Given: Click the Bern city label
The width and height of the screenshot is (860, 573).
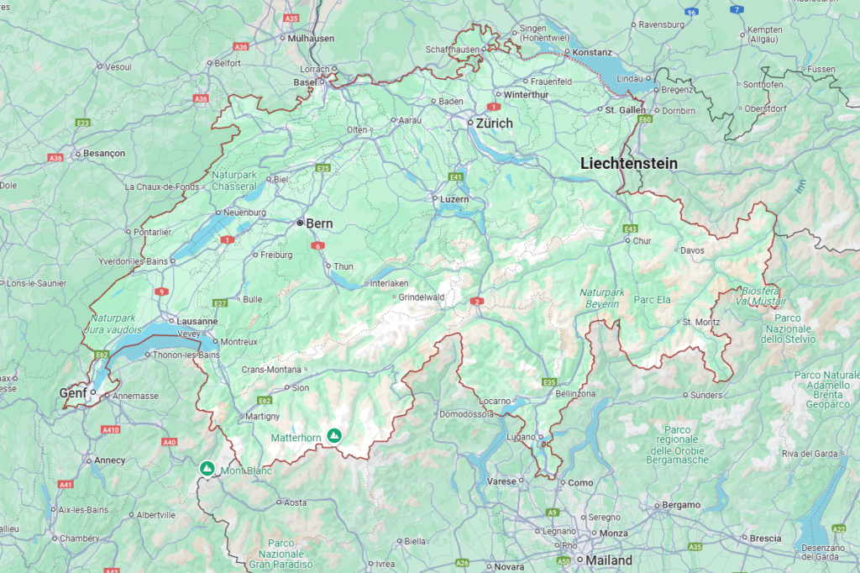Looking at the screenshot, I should click(x=319, y=223).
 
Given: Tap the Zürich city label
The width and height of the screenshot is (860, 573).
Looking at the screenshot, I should click(x=494, y=123).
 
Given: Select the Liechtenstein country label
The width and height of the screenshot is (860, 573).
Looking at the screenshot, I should click(x=629, y=164).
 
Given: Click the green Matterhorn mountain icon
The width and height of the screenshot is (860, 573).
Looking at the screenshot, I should click(x=334, y=435).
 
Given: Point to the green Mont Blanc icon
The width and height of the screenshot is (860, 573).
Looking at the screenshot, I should click(x=207, y=467).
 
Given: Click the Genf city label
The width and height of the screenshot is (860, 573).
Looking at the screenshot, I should click(x=73, y=393).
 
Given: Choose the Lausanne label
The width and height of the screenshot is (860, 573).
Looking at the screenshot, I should click(x=198, y=321).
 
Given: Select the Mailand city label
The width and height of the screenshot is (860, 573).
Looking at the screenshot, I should click(x=610, y=560).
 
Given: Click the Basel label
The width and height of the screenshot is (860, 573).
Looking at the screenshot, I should click(x=304, y=82).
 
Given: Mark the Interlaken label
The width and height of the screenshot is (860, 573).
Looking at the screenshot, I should click(x=389, y=283).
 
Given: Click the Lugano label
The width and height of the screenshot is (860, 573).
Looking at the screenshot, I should click(x=522, y=437).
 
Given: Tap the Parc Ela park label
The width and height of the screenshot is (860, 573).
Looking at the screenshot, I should click(x=653, y=299).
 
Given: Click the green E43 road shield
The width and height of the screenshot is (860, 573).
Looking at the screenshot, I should click(x=631, y=229).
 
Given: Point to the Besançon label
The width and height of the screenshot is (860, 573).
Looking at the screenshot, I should click(x=104, y=154).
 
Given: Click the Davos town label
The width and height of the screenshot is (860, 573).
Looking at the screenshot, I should click(x=692, y=250).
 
